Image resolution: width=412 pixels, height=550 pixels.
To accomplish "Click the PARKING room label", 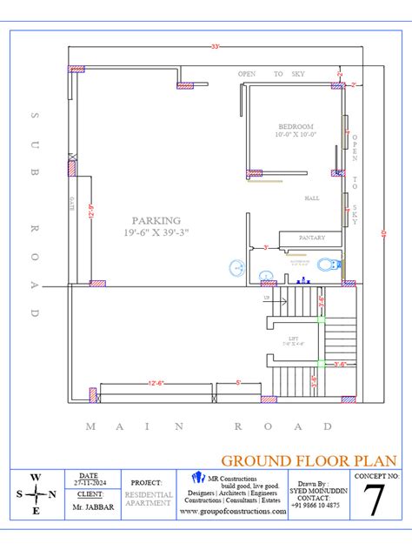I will coord(156,220).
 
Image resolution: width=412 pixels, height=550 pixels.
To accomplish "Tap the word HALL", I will coord(311,198).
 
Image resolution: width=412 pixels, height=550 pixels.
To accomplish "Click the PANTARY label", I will coord(311,237).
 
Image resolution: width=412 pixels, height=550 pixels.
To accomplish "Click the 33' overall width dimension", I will coord(214,46).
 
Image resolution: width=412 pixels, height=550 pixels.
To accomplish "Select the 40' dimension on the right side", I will coord(384,232).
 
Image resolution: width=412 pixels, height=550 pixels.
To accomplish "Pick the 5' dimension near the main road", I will coord(239,382).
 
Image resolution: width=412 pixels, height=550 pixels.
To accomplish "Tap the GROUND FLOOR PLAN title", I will coord(309,459).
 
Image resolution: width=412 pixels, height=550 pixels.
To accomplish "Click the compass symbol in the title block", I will coord(35,493).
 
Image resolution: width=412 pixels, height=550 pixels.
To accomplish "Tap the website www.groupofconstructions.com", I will coord(232,513).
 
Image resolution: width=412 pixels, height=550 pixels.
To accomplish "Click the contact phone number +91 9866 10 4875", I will coord(316,506).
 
